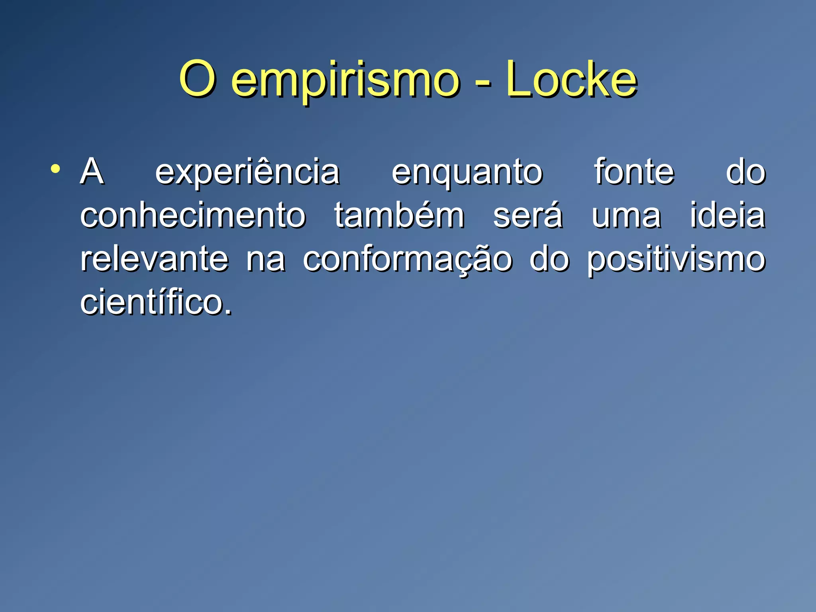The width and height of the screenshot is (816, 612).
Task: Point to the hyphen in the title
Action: [x=483, y=84]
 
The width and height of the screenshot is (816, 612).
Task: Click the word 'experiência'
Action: [x=247, y=172]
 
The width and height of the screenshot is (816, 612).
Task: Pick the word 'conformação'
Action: [x=407, y=260]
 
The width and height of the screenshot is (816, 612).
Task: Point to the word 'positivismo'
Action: [x=676, y=260]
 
